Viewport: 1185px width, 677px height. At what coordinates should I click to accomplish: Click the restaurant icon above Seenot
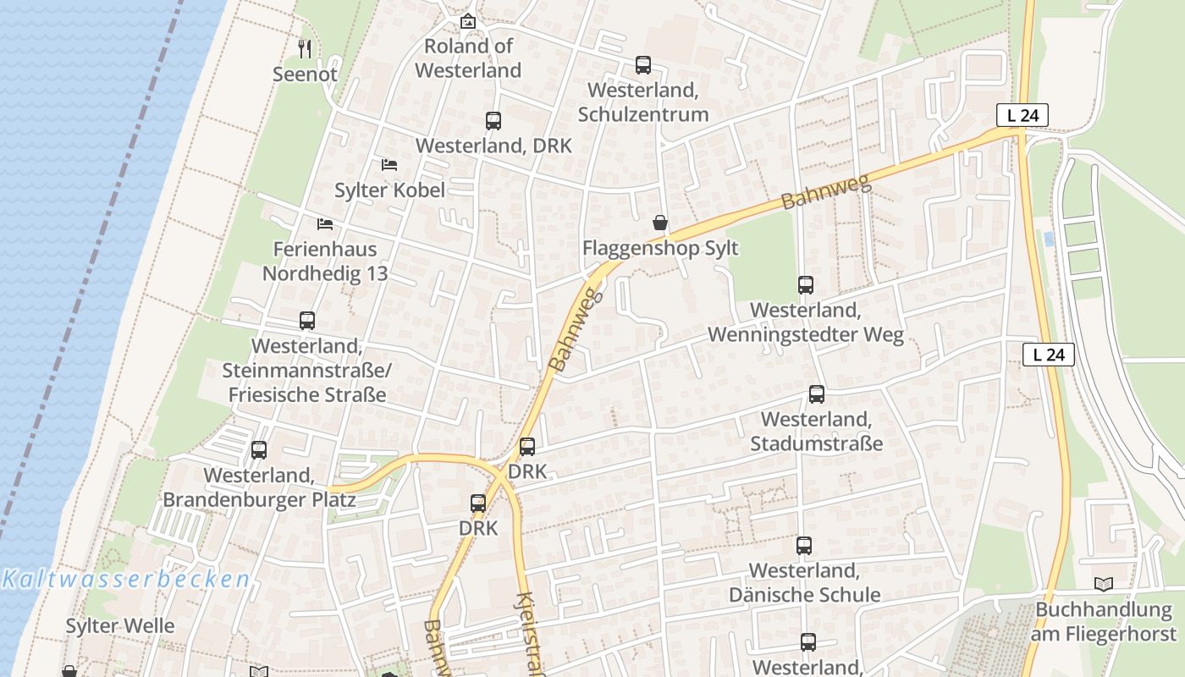tap(306, 49)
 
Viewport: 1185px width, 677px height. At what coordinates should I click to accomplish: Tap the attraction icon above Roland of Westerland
tap(467, 21)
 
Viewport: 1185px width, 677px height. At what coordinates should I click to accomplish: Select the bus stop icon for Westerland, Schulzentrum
tap(643, 65)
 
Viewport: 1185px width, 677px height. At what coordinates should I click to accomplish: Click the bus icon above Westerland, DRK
tap(493, 121)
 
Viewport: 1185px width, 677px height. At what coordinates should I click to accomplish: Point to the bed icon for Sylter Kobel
tap(389, 164)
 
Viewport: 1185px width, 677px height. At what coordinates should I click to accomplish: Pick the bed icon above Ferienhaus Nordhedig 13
tap(325, 224)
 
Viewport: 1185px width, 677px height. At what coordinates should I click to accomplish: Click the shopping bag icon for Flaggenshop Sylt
tap(660, 223)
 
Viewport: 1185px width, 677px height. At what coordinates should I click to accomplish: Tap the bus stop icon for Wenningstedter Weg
tap(806, 285)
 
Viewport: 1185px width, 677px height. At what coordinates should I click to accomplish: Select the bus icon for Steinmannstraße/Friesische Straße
tap(307, 321)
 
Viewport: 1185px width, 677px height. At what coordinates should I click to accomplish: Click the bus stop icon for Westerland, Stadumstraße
tap(817, 394)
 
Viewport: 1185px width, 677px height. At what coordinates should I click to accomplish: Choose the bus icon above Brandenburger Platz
tap(259, 450)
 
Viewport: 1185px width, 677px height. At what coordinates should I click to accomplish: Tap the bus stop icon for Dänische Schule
tap(804, 546)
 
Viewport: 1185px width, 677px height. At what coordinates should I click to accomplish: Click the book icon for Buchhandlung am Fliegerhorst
tap(1104, 584)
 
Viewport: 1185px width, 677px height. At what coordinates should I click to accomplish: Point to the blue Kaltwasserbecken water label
tap(126, 580)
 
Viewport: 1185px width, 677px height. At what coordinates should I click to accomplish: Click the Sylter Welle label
tap(120, 626)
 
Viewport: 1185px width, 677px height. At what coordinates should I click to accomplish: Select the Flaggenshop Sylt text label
tap(660, 248)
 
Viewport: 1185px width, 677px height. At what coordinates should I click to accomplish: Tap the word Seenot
tap(305, 74)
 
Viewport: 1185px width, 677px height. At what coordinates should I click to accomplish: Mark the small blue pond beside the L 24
tap(1050, 239)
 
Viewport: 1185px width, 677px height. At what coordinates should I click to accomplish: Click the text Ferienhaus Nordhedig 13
tap(325, 261)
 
